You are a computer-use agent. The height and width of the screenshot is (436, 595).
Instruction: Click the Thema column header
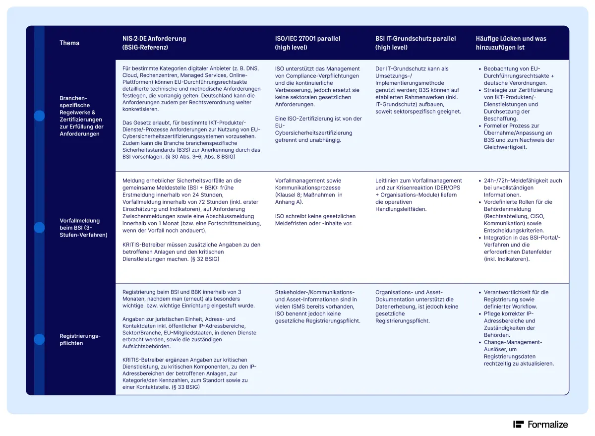click(x=69, y=43)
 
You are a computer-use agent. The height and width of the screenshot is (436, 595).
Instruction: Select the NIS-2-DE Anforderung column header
click(x=154, y=43)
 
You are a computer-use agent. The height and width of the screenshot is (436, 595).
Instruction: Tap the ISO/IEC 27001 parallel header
click(x=307, y=43)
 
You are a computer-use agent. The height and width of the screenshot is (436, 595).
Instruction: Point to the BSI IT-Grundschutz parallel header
click(x=416, y=43)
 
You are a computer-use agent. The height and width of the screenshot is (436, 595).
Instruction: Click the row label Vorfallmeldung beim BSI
click(x=83, y=228)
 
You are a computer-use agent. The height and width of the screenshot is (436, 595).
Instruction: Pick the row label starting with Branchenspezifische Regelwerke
click(x=81, y=116)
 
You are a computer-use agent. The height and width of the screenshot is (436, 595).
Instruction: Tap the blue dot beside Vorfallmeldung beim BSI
click(x=39, y=228)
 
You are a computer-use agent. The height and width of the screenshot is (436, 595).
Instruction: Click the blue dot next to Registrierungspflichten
click(x=39, y=340)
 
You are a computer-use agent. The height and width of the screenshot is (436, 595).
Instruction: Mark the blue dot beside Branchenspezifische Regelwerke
click(x=39, y=116)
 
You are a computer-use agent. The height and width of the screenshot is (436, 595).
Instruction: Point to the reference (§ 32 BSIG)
click(x=205, y=259)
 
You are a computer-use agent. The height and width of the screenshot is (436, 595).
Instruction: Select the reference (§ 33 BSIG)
click(x=185, y=387)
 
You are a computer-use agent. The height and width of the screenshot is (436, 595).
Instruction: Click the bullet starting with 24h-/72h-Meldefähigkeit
click(x=523, y=187)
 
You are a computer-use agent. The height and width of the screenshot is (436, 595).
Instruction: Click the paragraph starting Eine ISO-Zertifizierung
click(x=318, y=129)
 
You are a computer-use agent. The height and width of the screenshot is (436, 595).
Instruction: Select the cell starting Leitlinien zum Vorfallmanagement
click(x=418, y=194)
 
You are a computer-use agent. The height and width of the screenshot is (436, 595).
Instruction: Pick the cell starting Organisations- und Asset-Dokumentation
click(x=416, y=307)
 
